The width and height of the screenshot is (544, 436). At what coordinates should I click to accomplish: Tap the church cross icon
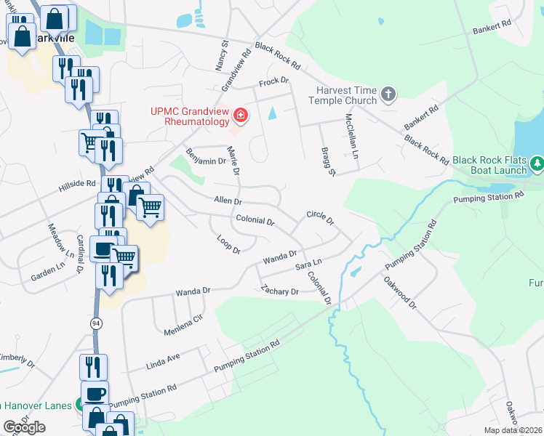coord(389,94)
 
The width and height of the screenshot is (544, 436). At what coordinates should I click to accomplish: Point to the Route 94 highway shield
coord(96,325)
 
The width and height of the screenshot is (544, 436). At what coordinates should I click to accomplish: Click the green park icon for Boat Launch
coord(537,164)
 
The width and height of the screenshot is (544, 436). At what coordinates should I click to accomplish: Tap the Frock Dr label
coord(274,81)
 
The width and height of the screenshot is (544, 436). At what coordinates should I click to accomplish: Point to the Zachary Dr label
coord(280,291)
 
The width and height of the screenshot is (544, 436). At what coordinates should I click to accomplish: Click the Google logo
coord(24,427)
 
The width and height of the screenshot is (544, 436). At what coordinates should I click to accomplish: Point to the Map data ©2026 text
coord(512,430)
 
